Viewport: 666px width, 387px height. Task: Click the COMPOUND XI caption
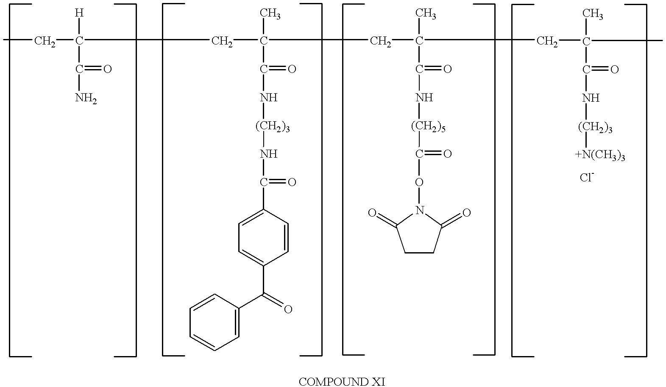[x=342, y=381]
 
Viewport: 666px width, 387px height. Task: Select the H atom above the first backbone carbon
[x=79, y=13]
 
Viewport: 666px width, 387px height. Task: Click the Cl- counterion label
[x=587, y=178]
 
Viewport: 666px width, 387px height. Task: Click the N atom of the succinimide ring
[x=419, y=210]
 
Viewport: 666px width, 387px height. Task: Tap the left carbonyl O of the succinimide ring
[x=372, y=213]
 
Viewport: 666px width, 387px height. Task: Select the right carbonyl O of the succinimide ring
[x=466, y=213]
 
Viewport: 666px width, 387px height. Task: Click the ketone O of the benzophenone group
[x=288, y=309]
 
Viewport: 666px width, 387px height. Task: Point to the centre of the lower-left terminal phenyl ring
[x=215, y=323]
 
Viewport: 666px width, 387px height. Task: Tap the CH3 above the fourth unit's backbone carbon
[x=592, y=14]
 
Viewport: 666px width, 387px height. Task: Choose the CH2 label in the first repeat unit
[x=45, y=42]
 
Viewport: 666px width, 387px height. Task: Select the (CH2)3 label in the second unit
[x=273, y=126]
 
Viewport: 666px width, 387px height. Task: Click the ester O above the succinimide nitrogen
[x=419, y=183]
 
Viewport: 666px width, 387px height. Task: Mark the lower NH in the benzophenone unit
[x=269, y=154]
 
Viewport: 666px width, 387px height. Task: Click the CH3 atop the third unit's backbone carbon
[x=425, y=14]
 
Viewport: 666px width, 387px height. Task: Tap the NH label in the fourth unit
[x=591, y=98]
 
